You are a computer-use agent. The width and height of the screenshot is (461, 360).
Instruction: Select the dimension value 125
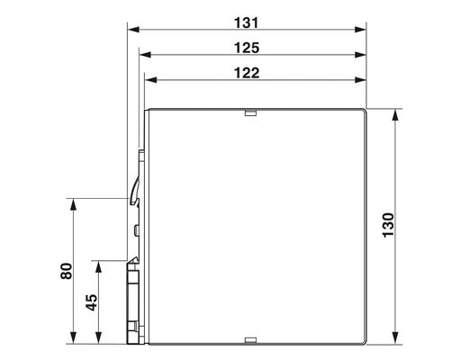pos(247,47)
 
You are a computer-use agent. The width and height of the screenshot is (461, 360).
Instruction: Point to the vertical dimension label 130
pos(388,227)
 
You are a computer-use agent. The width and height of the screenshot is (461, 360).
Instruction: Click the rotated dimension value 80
pos(66,271)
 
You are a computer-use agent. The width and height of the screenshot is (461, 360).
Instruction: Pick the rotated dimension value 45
pos(91,301)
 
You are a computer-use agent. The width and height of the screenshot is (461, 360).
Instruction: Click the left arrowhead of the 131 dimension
pos(130,29)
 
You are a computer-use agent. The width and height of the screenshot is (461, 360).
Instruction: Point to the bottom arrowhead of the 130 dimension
pos(396,339)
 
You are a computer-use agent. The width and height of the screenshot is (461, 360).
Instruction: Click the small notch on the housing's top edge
pos(250,112)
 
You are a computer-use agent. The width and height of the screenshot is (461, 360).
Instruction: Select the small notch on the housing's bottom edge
pos(250,340)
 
